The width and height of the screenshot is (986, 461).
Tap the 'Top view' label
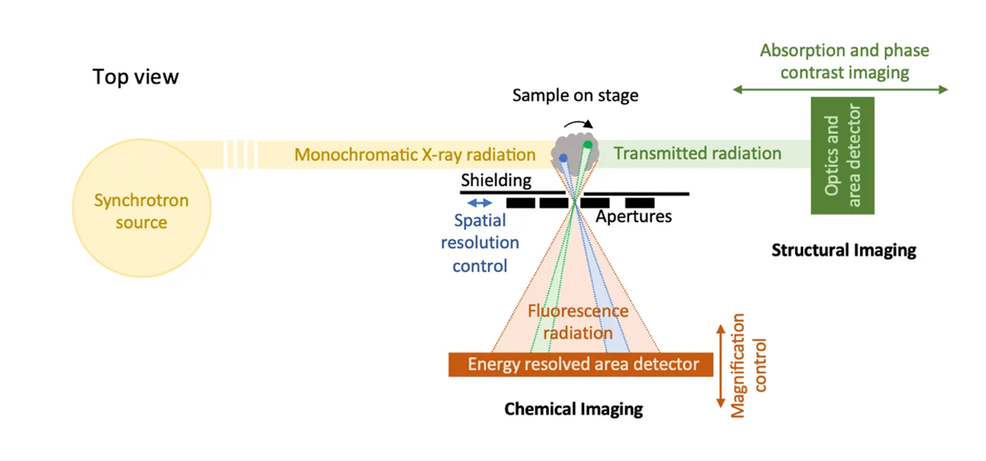(x=135, y=77)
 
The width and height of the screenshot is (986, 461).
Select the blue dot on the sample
(x=563, y=157)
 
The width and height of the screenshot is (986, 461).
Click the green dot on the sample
(x=587, y=145)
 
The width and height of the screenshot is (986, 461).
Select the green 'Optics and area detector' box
(x=842, y=155)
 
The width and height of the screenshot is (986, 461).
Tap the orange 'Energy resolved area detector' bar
(x=580, y=364)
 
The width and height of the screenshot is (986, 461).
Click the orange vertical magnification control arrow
(x=721, y=366)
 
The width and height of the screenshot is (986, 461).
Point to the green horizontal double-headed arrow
(x=841, y=89)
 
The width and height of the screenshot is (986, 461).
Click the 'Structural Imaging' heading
(x=844, y=251)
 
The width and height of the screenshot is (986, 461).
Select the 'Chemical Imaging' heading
(x=573, y=409)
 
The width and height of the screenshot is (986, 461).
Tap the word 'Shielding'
(x=496, y=180)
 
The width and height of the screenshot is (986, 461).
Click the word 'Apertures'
(x=634, y=216)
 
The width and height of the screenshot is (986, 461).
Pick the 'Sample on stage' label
(x=575, y=95)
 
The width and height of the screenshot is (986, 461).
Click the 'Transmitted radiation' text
(x=697, y=153)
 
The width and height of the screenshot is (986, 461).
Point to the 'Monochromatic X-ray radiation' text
(x=415, y=155)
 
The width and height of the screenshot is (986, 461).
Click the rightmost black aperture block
(x=640, y=203)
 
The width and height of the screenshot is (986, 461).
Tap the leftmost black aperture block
(x=521, y=203)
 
